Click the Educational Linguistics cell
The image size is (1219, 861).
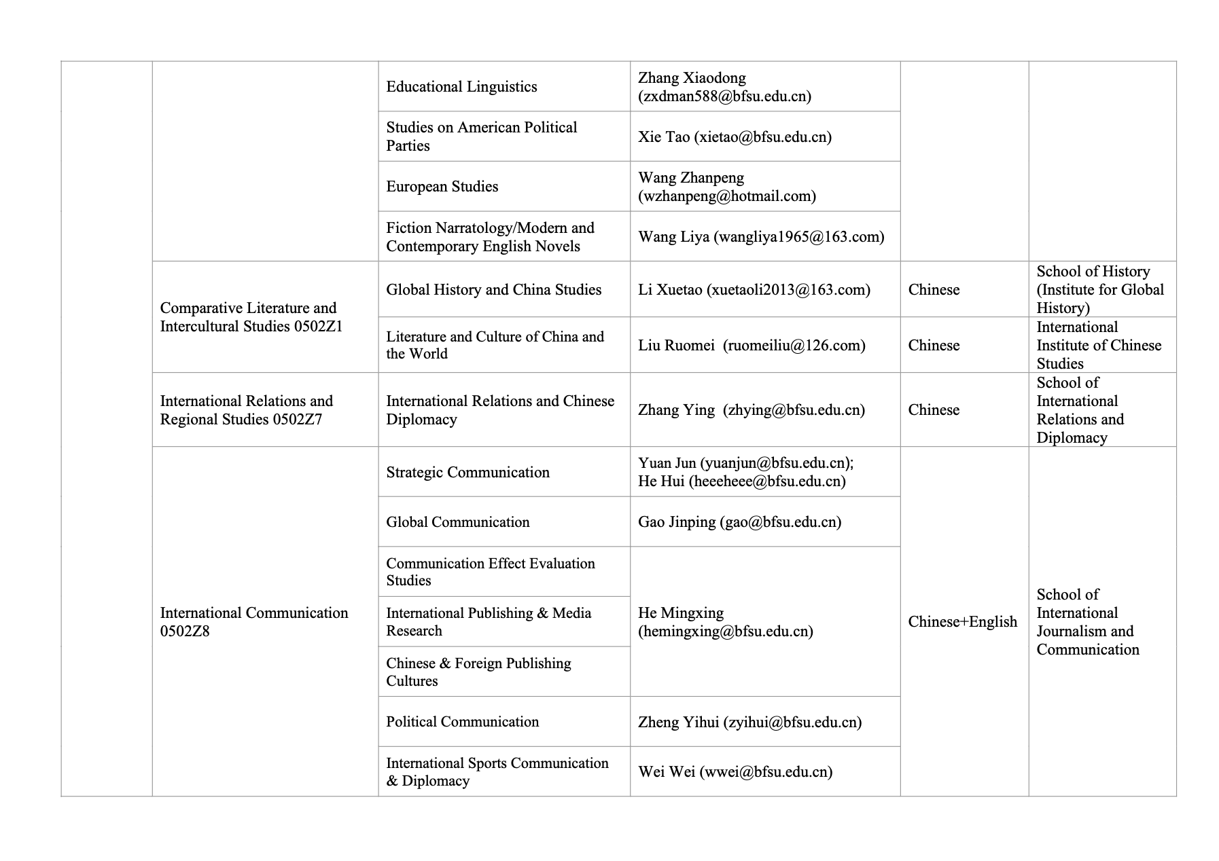tap(461, 87)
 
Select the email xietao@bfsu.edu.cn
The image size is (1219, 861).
tap(763, 137)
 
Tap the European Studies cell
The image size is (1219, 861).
tap(442, 187)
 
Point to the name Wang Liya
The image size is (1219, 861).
tap(673, 237)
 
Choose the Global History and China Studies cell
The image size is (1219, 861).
tap(493, 290)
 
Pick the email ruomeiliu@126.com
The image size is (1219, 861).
tap(794, 346)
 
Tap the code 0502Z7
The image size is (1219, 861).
tap(297, 420)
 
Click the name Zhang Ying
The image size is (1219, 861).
tap(676, 410)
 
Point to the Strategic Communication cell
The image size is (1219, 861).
tap(467, 473)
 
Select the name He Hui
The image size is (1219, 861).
tap(661, 481)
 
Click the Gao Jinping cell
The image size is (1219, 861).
tap(739, 522)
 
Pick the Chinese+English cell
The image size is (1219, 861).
tap(962, 622)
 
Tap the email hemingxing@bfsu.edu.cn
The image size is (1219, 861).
tap(726, 631)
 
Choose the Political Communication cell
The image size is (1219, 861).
tap(462, 722)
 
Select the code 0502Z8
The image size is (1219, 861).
tap(185, 631)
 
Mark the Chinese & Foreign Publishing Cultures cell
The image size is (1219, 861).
tap(478, 672)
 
